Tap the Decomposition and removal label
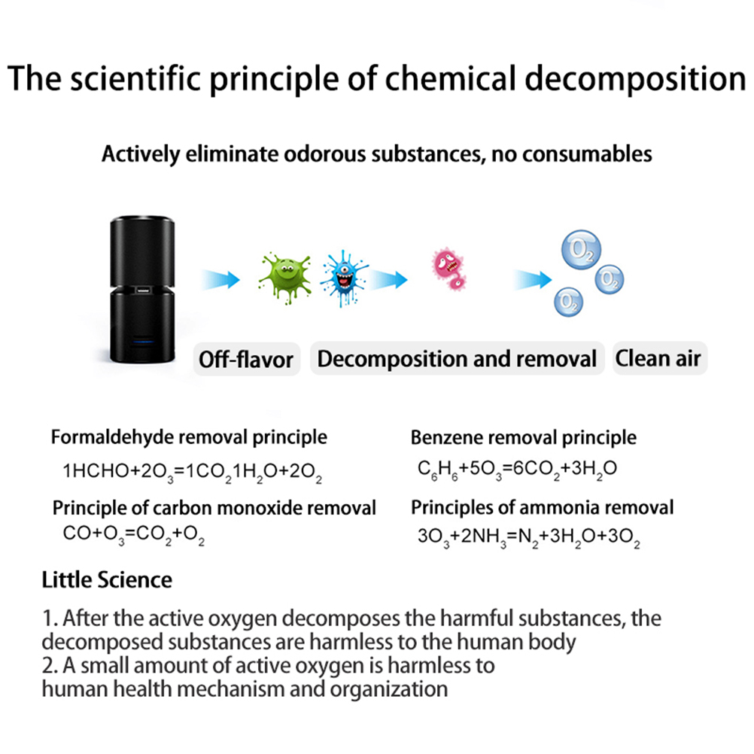tap(457, 359)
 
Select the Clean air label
tap(659, 358)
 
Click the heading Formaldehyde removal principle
tap(189, 437)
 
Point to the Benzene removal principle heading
tap(523, 438)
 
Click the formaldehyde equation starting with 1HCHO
tap(193, 473)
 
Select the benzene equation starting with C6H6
tap(518, 470)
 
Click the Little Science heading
tap(107, 580)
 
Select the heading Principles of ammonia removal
tap(542, 507)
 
